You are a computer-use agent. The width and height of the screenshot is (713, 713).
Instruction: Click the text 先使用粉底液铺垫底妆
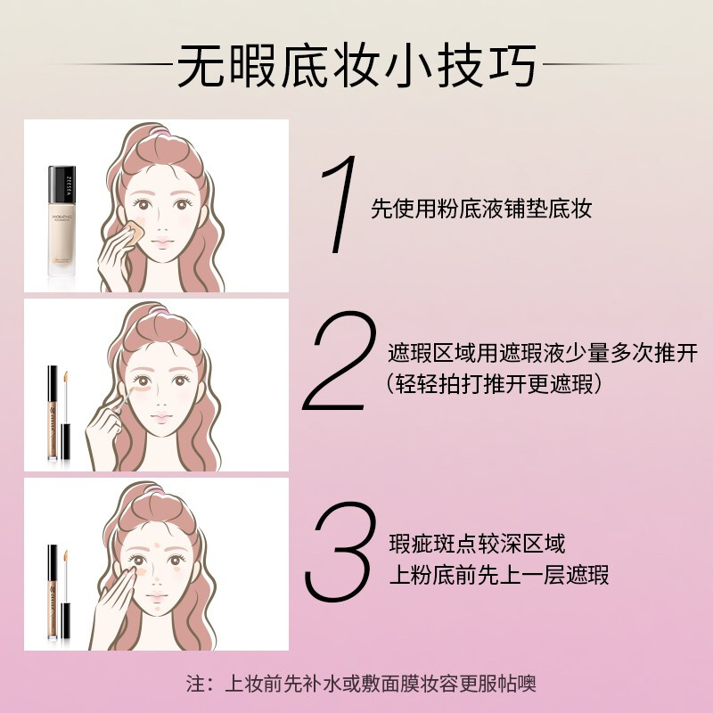tap(481, 209)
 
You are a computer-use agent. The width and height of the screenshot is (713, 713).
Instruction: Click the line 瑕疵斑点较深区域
tap(477, 543)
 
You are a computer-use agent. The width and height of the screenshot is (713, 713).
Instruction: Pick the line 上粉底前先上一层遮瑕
tap(499, 575)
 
